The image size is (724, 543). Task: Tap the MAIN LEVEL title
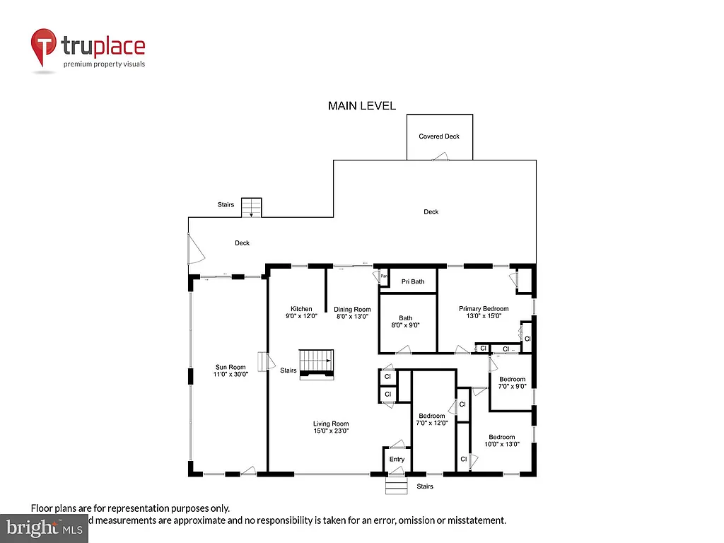361,106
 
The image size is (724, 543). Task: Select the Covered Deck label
439,136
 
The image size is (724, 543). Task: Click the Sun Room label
230,370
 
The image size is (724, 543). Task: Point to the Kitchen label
301,313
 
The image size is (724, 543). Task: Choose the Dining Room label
352,313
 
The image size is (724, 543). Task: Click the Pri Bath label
412,281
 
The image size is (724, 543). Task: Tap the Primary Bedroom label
484,313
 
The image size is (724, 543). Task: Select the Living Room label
331,427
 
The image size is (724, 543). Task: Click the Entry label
397,460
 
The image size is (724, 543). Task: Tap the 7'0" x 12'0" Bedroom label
431,419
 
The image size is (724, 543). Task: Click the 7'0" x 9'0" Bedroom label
512,383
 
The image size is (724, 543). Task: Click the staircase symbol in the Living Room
317,363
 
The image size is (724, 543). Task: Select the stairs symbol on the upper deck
251,208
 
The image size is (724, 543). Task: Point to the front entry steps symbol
397,486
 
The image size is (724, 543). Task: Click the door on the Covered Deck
441,158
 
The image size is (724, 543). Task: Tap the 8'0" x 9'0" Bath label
405,322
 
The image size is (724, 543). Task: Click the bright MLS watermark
44,527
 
